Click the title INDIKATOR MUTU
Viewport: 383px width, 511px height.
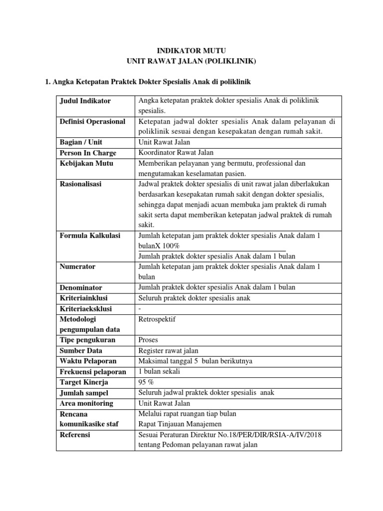pos(191,50)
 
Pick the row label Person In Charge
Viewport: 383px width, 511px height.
pos(87,153)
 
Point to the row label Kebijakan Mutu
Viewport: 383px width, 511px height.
pos(86,163)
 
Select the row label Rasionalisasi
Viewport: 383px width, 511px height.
pos(80,184)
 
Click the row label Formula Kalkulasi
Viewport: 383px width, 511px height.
pos(90,236)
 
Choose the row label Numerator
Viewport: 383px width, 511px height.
pos(77,266)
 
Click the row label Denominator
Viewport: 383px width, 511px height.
pos(81,287)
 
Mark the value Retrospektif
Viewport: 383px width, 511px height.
pos(157,318)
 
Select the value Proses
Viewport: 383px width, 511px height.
pos(148,340)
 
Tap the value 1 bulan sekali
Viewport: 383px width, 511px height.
pos(159,371)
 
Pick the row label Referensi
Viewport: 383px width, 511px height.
pos(75,435)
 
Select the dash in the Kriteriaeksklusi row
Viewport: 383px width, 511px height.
pos(139,308)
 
